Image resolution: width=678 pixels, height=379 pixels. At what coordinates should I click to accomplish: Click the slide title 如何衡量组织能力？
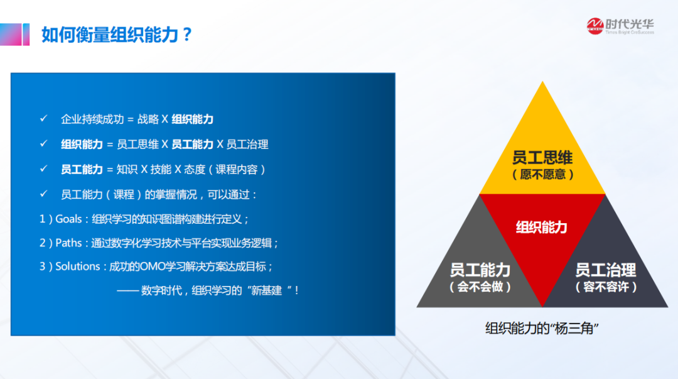(x=116, y=35)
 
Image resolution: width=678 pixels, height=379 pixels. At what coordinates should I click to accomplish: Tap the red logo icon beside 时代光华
(x=595, y=26)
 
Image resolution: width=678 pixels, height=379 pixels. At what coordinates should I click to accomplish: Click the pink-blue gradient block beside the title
(x=14, y=34)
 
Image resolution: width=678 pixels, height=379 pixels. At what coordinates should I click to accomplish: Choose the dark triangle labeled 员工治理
(x=605, y=268)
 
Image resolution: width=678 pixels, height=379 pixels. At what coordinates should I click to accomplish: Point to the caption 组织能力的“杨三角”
(x=542, y=328)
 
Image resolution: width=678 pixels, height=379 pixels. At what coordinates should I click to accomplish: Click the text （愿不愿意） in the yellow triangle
(x=542, y=175)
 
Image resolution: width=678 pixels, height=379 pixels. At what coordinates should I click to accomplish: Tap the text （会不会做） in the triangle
(x=480, y=287)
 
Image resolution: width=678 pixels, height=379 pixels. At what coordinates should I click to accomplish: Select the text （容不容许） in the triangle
(x=606, y=287)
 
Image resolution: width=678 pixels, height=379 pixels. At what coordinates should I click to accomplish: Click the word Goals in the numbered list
(x=68, y=219)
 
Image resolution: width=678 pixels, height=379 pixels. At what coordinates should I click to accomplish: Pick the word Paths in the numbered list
(x=68, y=243)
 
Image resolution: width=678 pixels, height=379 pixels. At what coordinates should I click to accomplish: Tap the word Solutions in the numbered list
(x=78, y=266)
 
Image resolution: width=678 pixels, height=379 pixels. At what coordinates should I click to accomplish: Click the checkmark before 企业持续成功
(x=44, y=118)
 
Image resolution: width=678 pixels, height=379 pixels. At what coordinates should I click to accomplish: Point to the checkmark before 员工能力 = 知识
(x=44, y=168)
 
